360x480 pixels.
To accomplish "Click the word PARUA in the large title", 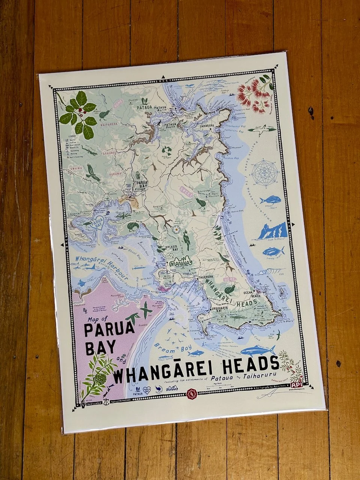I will point(109,330).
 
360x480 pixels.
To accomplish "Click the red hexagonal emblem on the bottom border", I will point(191,394).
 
